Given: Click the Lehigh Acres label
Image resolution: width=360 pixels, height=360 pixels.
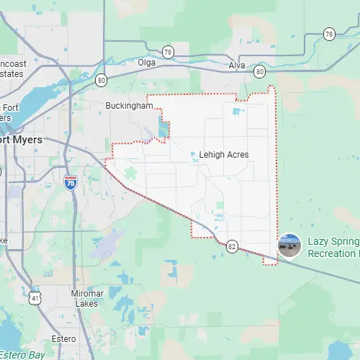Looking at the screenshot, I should pyautogui.click(x=224, y=155).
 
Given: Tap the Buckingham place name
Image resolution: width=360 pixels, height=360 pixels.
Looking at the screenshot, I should pyautogui.click(x=130, y=105).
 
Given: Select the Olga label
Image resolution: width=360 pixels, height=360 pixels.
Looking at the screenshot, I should pyautogui.click(x=148, y=63).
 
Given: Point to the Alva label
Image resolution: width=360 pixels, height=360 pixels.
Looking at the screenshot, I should pyautogui.click(x=237, y=65).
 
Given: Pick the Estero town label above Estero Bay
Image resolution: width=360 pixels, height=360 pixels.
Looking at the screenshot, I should pyautogui.click(x=64, y=338).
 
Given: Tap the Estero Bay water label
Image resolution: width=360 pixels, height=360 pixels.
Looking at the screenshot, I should pyautogui.click(x=22, y=355).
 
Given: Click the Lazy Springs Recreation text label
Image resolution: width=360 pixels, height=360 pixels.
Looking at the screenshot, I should pyautogui.click(x=333, y=248).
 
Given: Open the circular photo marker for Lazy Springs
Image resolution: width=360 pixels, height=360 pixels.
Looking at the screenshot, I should pyautogui.click(x=289, y=246).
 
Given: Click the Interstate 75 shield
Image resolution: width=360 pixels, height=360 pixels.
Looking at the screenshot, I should pyautogui.click(x=71, y=183).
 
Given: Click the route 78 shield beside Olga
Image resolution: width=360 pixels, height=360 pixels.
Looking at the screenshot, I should pyautogui.click(x=168, y=51).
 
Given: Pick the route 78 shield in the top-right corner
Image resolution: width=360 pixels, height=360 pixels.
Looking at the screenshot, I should pyautogui.click(x=329, y=34).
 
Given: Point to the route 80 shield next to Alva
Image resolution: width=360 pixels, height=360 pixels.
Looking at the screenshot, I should pyautogui.click(x=259, y=71).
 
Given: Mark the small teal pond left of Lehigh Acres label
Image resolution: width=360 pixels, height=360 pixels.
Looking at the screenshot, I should pyautogui.click(x=194, y=153).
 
